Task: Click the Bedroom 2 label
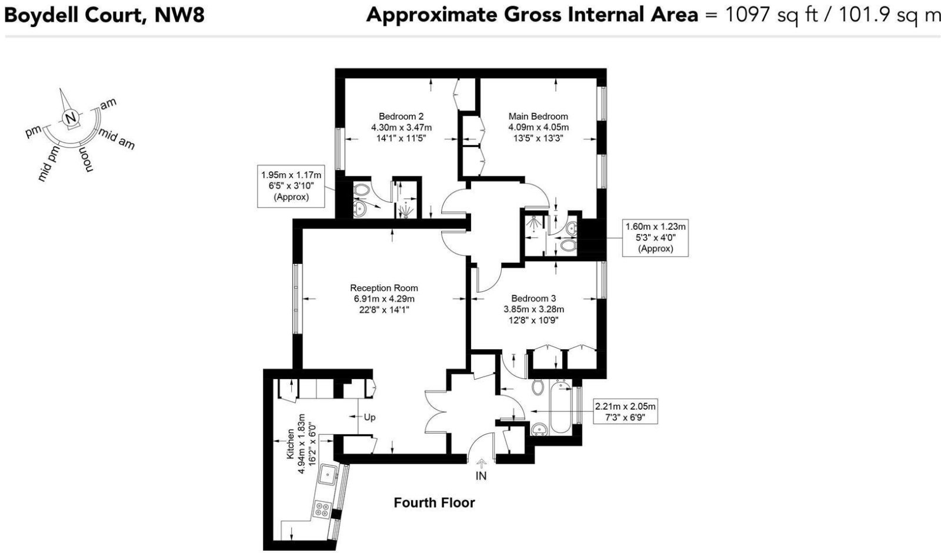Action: (401, 116)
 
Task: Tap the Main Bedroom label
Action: (538, 116)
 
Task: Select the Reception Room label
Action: (384, 288)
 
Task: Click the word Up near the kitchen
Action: (369, 417)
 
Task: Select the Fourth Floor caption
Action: (434, 502)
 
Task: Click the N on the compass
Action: (71, 118)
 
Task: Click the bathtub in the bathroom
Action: (560, 407)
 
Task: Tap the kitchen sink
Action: (326, 474)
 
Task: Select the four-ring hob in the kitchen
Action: (322, 509)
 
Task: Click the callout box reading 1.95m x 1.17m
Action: (291, 186)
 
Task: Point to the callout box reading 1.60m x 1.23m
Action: (655, 237)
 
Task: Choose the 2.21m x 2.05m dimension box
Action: (625, 411)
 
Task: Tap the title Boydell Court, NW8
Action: (104, 14)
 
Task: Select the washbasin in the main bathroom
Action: (538, 431)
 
